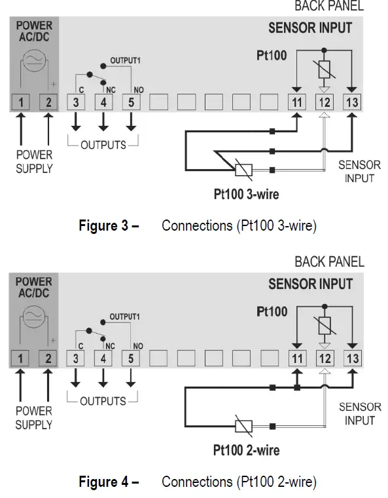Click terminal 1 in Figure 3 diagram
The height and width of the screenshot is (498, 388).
[22, 102]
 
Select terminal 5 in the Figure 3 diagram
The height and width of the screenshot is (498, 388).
[131, 102]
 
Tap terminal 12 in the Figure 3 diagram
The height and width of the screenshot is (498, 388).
[325, 102]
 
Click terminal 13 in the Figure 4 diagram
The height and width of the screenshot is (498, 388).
[353, 358]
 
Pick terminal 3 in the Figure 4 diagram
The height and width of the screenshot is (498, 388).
[76, 358]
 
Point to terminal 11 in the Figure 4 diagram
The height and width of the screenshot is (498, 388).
[297, 358]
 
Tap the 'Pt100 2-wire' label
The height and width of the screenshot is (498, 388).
[247, 450]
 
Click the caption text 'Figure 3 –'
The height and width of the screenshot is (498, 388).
[109, 226]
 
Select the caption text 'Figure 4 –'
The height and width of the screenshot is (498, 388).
[109, 482]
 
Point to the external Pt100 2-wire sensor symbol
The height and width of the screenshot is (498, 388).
[243, 426]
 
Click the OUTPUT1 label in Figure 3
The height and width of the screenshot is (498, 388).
[125, 60]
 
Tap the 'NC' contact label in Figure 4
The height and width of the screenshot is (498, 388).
[110, 345]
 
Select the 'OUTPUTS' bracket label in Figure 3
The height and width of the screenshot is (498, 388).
[103, 144]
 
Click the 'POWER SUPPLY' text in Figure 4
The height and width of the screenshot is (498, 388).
[34, 417]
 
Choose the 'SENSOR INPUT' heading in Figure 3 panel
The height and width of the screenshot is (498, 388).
[309, 28]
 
